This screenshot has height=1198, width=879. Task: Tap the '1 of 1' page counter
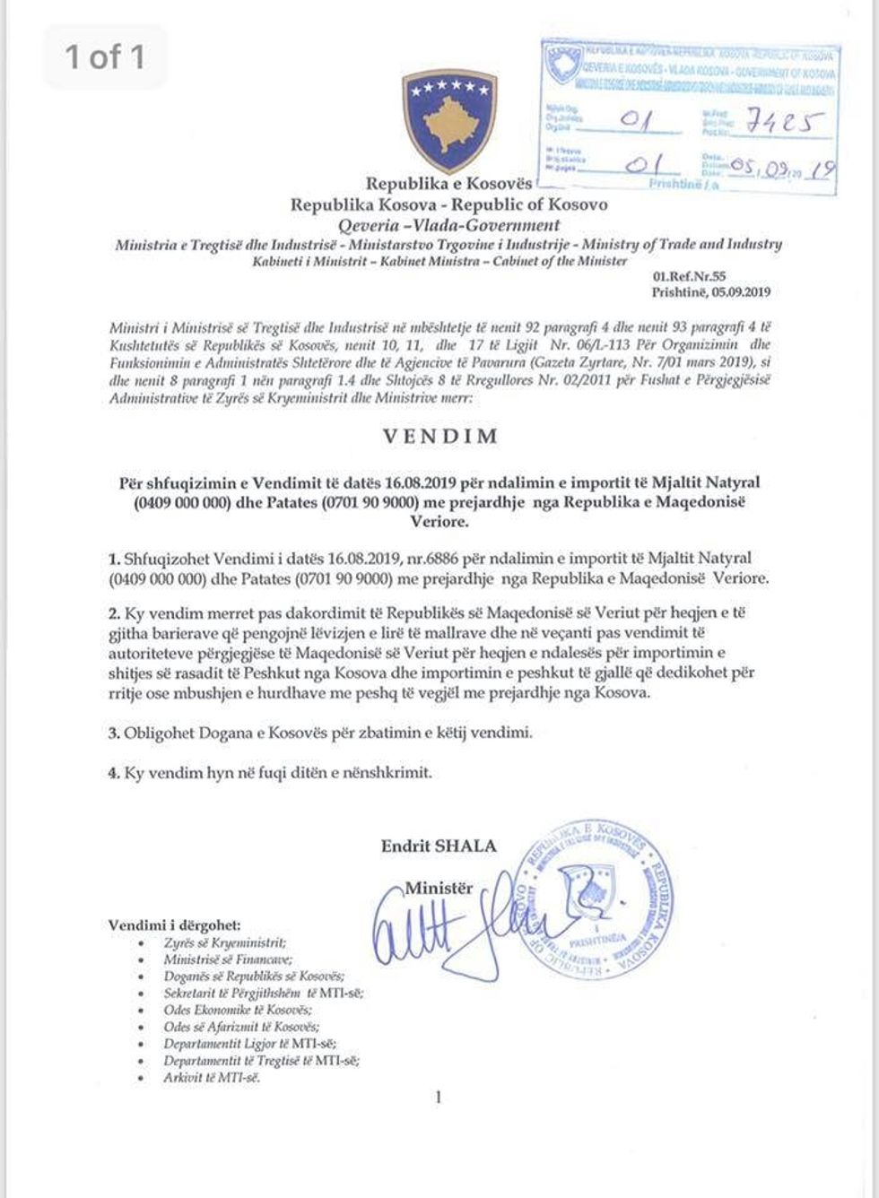tap(104, 56)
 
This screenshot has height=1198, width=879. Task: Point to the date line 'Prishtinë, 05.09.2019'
tap(711, 292)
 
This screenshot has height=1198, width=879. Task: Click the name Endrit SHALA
tap(438, 845)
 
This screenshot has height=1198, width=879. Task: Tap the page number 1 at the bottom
tap(439, 1097)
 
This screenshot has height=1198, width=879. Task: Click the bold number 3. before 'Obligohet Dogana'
tap(115, 733)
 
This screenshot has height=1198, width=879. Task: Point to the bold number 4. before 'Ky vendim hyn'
tap(115, 772)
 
